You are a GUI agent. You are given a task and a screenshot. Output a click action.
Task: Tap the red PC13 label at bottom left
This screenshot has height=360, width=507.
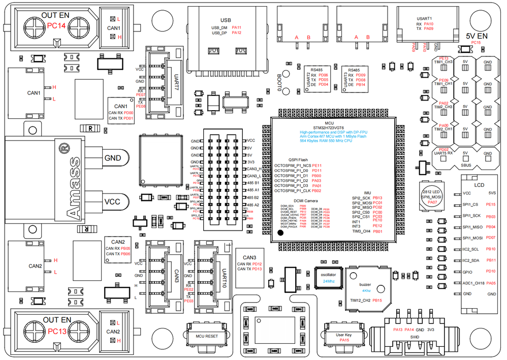coord(57,331)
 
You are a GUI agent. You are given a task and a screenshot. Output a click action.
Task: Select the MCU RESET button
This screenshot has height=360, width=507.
coord(207,336)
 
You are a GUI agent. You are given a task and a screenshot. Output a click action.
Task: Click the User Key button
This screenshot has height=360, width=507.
coord(344,335)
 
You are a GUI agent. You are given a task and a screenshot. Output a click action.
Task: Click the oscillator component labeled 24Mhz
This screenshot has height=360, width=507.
coord(328,277)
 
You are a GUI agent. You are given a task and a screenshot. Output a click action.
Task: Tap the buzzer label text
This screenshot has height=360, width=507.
coord(365,284)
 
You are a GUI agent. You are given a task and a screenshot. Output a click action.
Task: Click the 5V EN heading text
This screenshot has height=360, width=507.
coord(477,36)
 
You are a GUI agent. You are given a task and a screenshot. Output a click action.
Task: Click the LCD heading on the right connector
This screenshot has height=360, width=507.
coord(479,185)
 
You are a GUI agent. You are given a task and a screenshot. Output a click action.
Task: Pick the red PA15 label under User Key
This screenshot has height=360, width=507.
coord(344,340)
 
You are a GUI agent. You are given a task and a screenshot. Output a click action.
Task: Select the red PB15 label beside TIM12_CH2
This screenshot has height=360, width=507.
coord(377,301)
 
